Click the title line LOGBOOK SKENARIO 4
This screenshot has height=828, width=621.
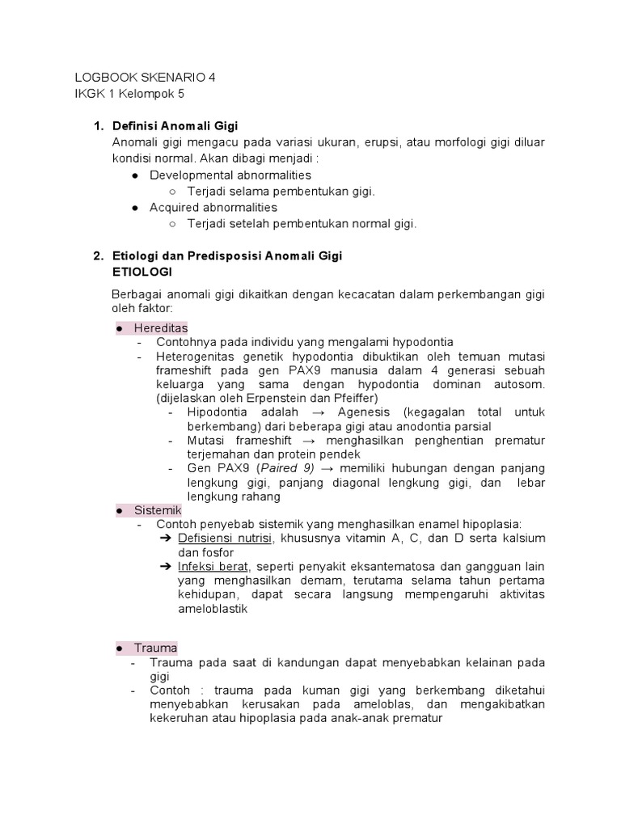[x=146, y=78]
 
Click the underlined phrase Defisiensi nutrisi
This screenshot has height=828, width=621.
[x=225, y=539]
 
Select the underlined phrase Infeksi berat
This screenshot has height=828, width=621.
[x=212, y=566]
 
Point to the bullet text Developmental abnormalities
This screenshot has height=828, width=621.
[x=230, y=175]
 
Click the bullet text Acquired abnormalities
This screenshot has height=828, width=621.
[x=213, y=208]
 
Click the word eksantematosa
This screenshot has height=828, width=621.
[x=387, y=566]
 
